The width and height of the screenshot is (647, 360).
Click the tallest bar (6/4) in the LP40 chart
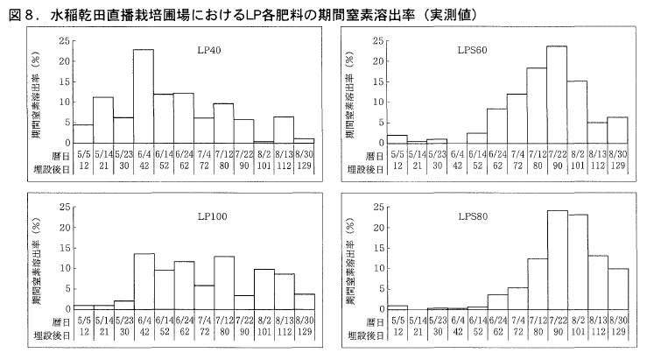144,96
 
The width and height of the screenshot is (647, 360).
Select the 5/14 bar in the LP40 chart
103,120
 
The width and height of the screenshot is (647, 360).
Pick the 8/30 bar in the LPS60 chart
617,130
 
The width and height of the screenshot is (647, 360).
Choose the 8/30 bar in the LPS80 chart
617,289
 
